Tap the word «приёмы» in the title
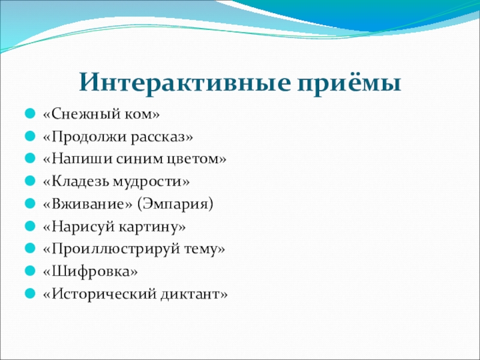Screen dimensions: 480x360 tap(349, 83)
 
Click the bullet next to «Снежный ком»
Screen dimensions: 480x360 tap(30, 114)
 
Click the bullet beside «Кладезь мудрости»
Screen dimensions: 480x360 tap(30, 181)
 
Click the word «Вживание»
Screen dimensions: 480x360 tap(88, 204)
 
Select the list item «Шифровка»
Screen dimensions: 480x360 tap(91, 272)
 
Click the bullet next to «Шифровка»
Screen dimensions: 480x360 tap(30, 271)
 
